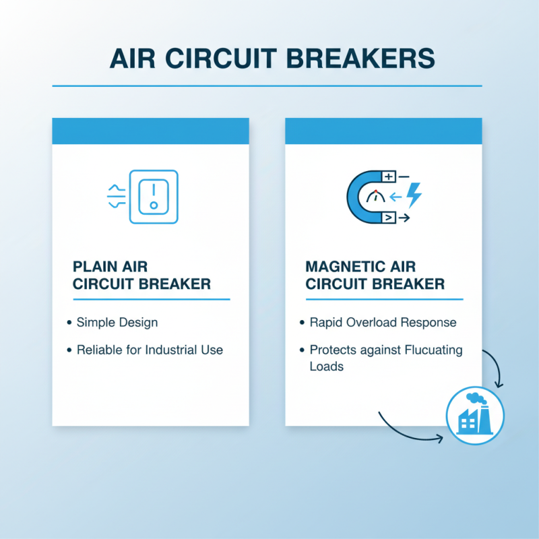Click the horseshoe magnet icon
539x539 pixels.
pos(364,196)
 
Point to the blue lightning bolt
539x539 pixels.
pos(414,196)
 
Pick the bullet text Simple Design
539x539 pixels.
pos(117,322)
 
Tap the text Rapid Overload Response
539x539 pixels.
pos(383,322)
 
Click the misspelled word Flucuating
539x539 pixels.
pos(429,350)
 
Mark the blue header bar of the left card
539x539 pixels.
pos(151,130)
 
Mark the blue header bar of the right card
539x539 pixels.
pos(383,130)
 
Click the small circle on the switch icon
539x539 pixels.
pos(154,205)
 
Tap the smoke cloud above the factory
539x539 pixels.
pos(476,399)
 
